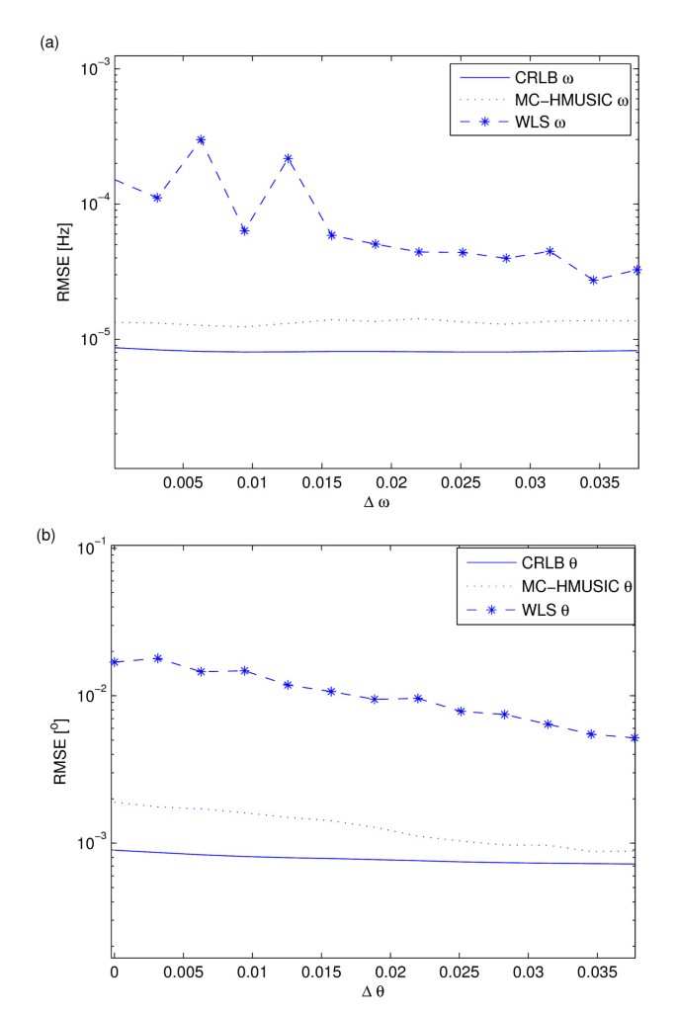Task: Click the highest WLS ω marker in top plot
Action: click(x=201, y=140)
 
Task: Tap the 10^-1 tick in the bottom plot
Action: click(x=94, y=548)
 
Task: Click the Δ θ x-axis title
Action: click(x=374, y=996)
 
